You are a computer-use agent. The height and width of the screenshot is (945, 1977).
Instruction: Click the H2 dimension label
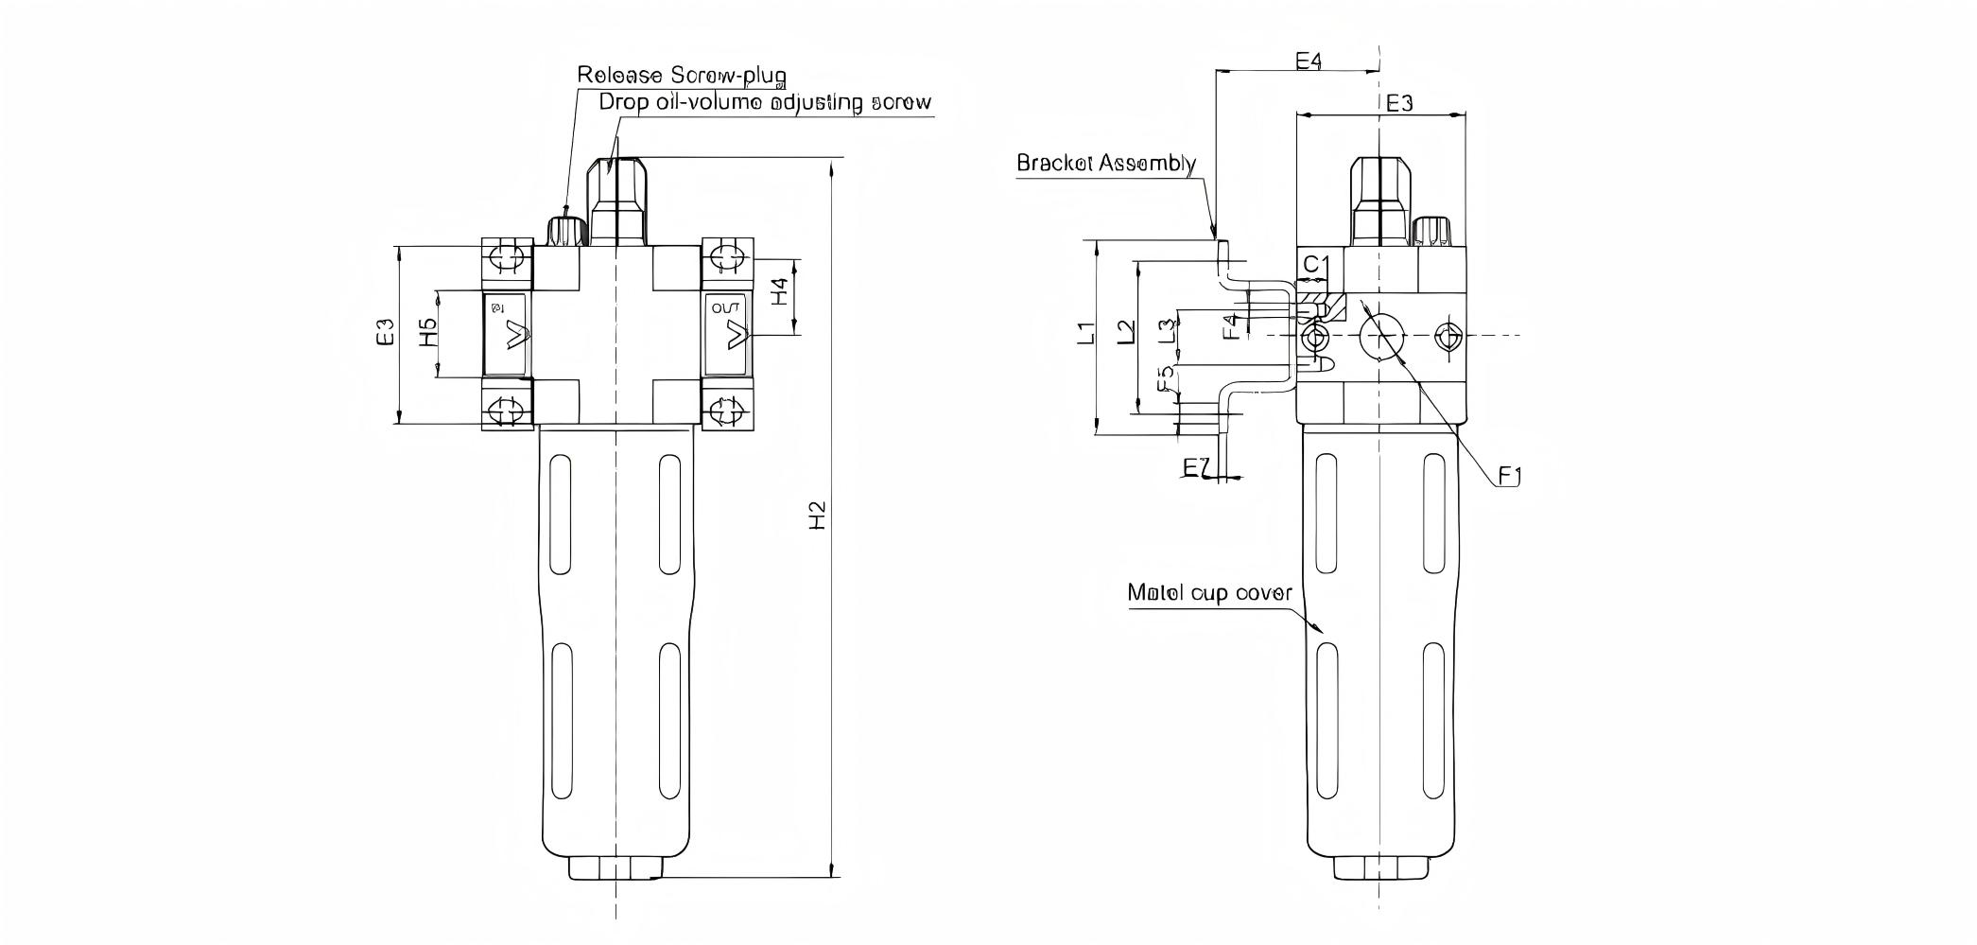(819, 515)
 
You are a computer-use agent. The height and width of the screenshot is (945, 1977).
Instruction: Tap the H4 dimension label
(779, 291)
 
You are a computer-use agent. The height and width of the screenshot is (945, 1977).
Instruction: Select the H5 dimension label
(428, 333)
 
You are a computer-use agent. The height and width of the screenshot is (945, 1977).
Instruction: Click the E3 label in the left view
(385, 333)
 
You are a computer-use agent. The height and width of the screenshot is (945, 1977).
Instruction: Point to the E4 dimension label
(1308, 61)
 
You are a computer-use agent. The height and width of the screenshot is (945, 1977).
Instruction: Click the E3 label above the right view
(1399, 103)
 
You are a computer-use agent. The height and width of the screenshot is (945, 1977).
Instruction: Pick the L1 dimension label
(1087, 333)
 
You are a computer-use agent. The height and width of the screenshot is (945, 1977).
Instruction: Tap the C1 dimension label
(1316, 264)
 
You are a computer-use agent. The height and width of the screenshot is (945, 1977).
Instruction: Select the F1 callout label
(1509, 476)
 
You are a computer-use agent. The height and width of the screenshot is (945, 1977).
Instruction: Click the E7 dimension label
(1196, 467)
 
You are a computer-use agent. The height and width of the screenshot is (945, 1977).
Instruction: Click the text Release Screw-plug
(682, 75)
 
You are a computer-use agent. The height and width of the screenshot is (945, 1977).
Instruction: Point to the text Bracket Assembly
(1106, 163)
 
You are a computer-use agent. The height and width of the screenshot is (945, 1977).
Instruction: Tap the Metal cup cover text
(1209, 593)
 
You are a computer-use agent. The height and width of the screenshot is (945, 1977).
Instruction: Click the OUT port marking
(725, 308)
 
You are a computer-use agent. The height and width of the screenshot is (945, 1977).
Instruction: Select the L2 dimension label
(1126, 333)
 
